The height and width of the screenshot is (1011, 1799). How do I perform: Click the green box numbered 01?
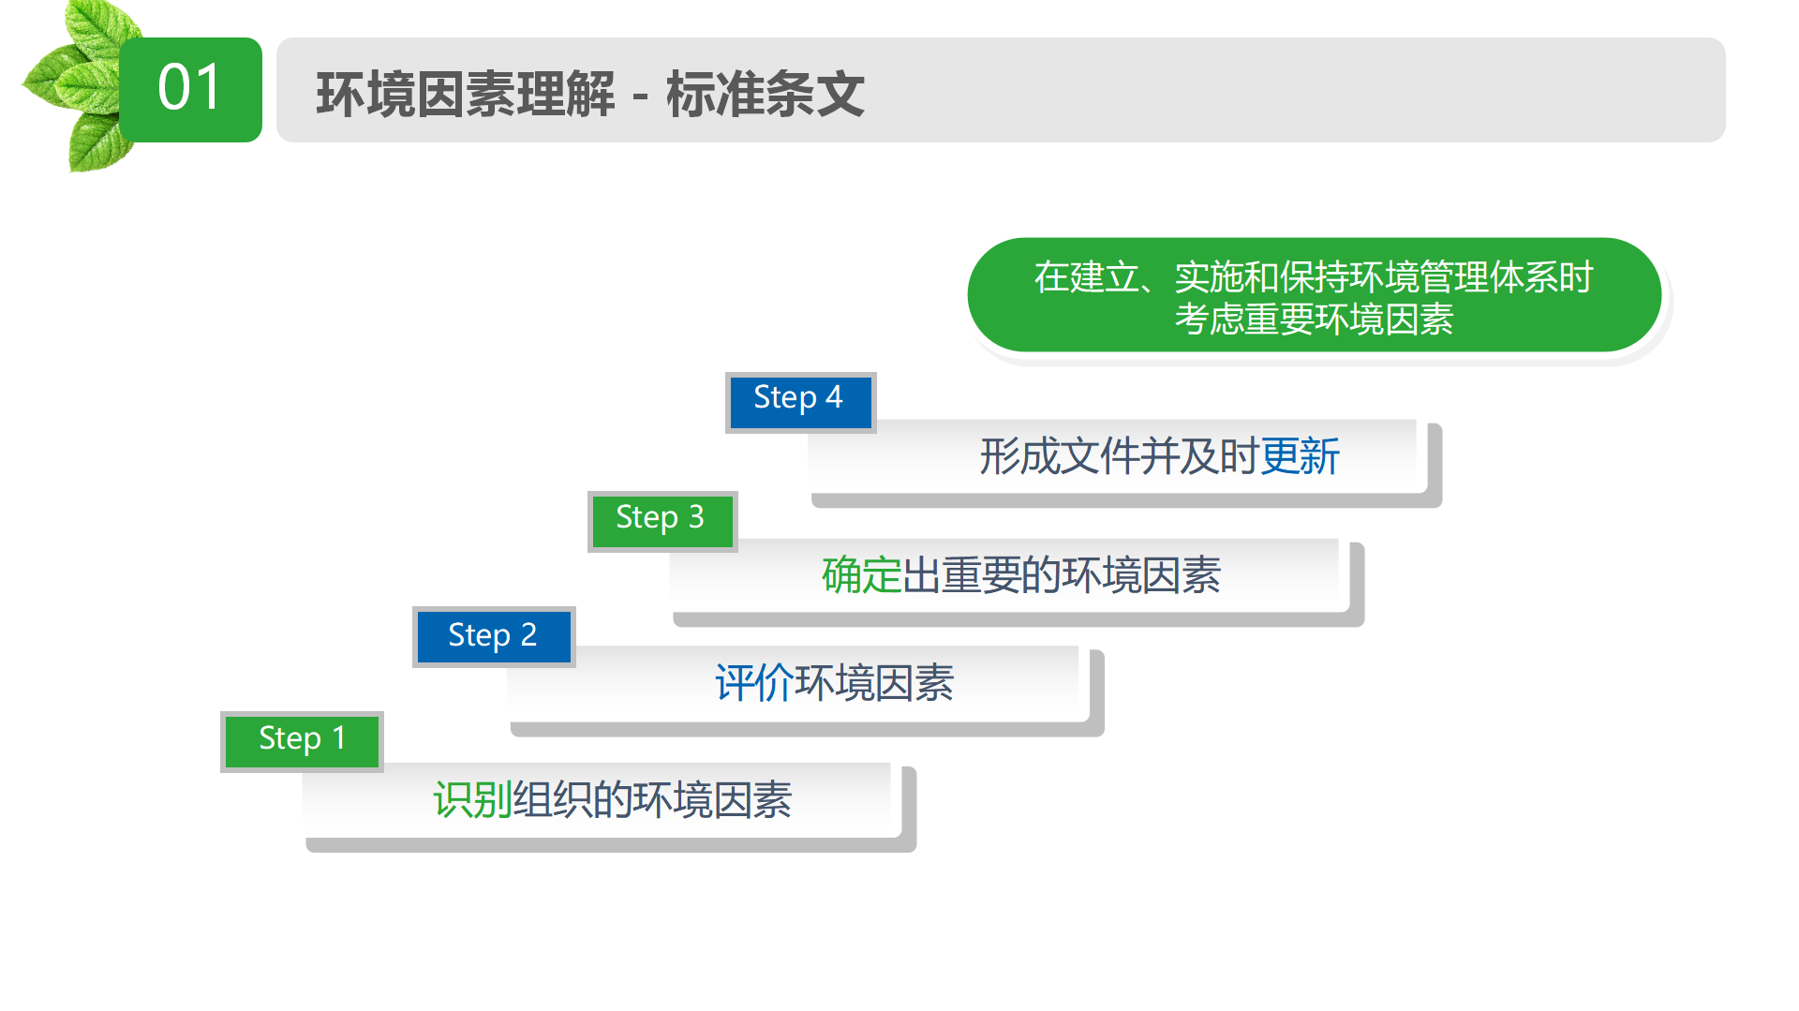click(x=190, y=90)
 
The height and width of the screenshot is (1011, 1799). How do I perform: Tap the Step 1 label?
click(x=302, y=741)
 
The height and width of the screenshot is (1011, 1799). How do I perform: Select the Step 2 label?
click(x=494, y=636)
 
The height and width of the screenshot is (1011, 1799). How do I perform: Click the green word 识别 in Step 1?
click(x=472, y=800)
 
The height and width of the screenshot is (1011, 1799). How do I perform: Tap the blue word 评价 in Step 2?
click(x=754, y=682)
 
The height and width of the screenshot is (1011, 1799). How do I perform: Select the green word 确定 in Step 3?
click(x=861, y=574)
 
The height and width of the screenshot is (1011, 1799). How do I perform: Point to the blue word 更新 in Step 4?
click(x=1300, y=456)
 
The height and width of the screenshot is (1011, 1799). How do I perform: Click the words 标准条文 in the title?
click(x=766, y=94)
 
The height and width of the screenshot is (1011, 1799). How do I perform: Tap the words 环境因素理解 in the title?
click(x=466, y=94)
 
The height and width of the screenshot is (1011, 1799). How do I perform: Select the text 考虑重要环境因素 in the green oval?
click(x=1314, y=320)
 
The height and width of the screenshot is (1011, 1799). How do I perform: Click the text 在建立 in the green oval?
click(x=1087, y=277)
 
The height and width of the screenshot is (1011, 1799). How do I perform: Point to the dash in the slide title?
click(x=641, y=97)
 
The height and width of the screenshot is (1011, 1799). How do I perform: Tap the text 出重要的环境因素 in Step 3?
click(x=1062, y=574)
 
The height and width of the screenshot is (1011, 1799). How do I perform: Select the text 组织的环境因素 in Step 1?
click(x=652, y=800)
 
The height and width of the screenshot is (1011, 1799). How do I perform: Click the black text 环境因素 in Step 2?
click(x=874, y=682)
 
